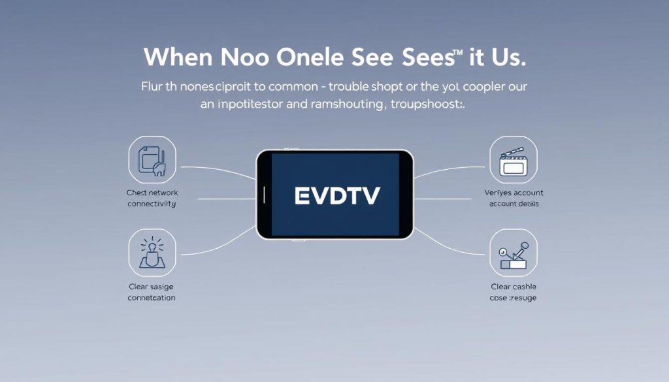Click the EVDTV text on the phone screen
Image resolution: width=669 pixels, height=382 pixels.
click(336, 195)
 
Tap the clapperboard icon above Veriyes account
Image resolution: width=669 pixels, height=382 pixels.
click(513, 161)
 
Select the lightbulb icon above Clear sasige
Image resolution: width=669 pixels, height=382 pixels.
click(152, 252)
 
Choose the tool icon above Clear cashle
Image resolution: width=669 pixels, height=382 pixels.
click(513, 253)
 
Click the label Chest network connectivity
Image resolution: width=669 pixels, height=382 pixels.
click(152, 198)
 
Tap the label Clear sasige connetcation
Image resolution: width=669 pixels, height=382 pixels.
click(152, 292)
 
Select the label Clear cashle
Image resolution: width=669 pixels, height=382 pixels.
click(514, 287)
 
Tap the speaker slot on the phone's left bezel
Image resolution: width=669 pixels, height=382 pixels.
click(264, 194)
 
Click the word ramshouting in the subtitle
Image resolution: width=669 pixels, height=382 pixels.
click(342, 104)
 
